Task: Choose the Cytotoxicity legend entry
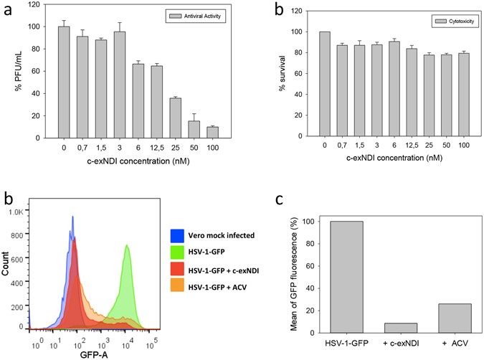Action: [x=447, y=23]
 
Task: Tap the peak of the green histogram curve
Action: [x=127, y=246]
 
